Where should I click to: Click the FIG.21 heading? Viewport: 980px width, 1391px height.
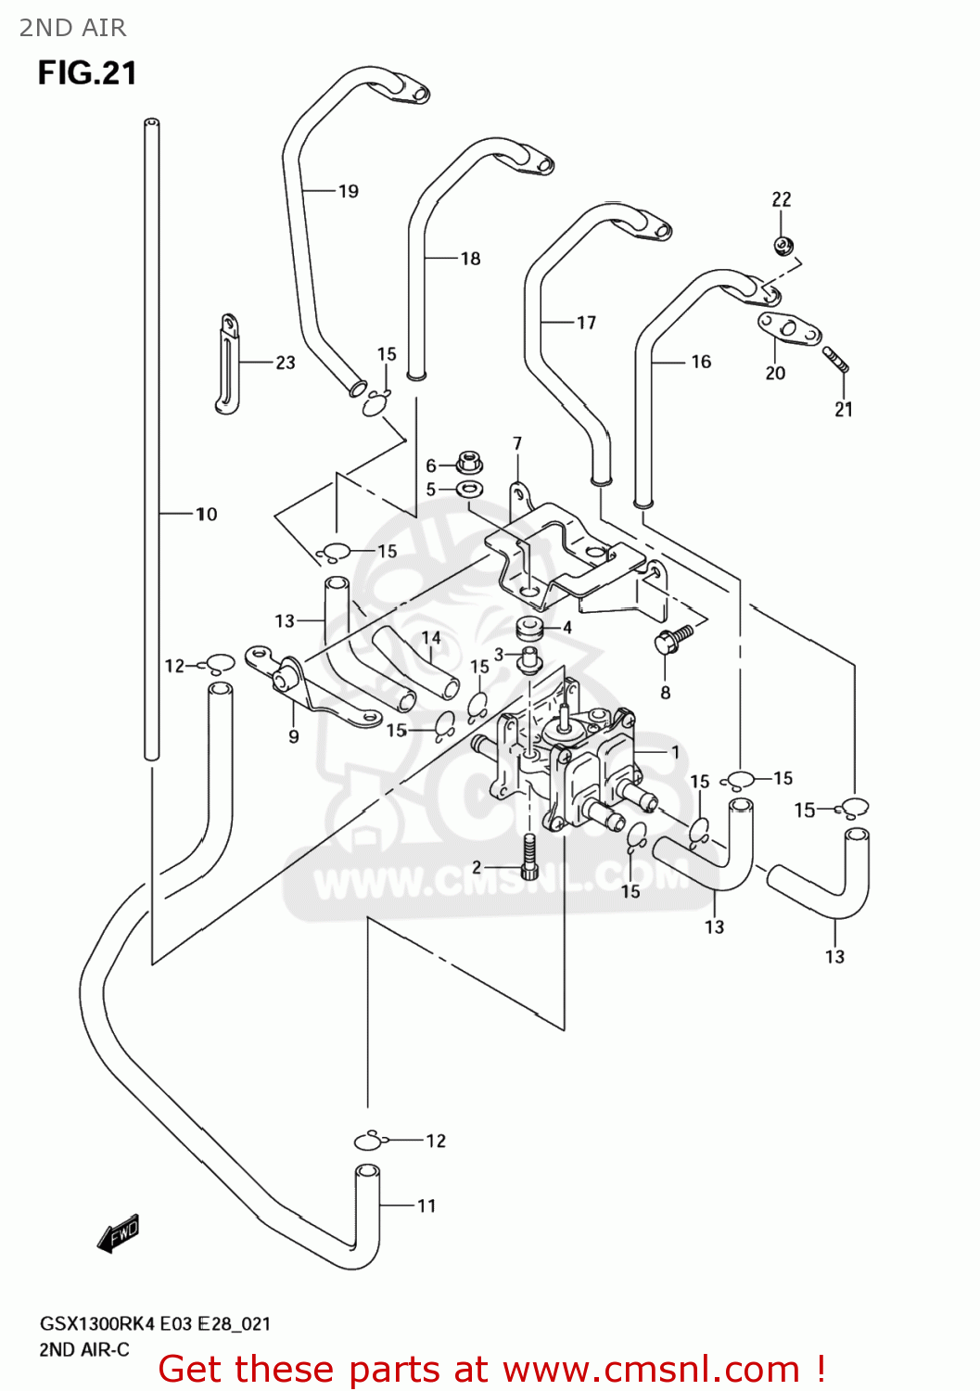(87, 72)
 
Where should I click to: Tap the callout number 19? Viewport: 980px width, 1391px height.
(349, 191)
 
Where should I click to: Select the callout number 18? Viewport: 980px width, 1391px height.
(471, 259)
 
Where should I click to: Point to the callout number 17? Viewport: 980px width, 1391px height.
(586, 323)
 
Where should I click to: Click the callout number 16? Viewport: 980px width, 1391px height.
(701, 362)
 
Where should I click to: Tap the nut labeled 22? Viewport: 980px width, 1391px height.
(782, 245)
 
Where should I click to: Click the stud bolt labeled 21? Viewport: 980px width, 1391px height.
(835, 359)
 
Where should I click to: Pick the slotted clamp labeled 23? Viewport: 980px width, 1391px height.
(226, 363)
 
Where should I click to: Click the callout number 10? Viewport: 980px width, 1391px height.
(206, 514)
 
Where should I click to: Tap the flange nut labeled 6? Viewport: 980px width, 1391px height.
(470, 461)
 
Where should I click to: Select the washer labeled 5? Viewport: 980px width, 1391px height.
(470, 489)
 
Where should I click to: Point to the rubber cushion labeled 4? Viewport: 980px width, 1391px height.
(529, 628)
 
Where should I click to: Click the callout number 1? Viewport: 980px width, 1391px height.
(676, 752)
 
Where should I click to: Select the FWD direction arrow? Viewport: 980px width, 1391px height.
(119, 1233)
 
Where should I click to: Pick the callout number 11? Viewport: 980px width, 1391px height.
(426, 1206)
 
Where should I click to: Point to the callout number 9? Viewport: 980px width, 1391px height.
(294, 736)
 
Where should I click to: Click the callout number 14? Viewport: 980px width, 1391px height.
(431, 638)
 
